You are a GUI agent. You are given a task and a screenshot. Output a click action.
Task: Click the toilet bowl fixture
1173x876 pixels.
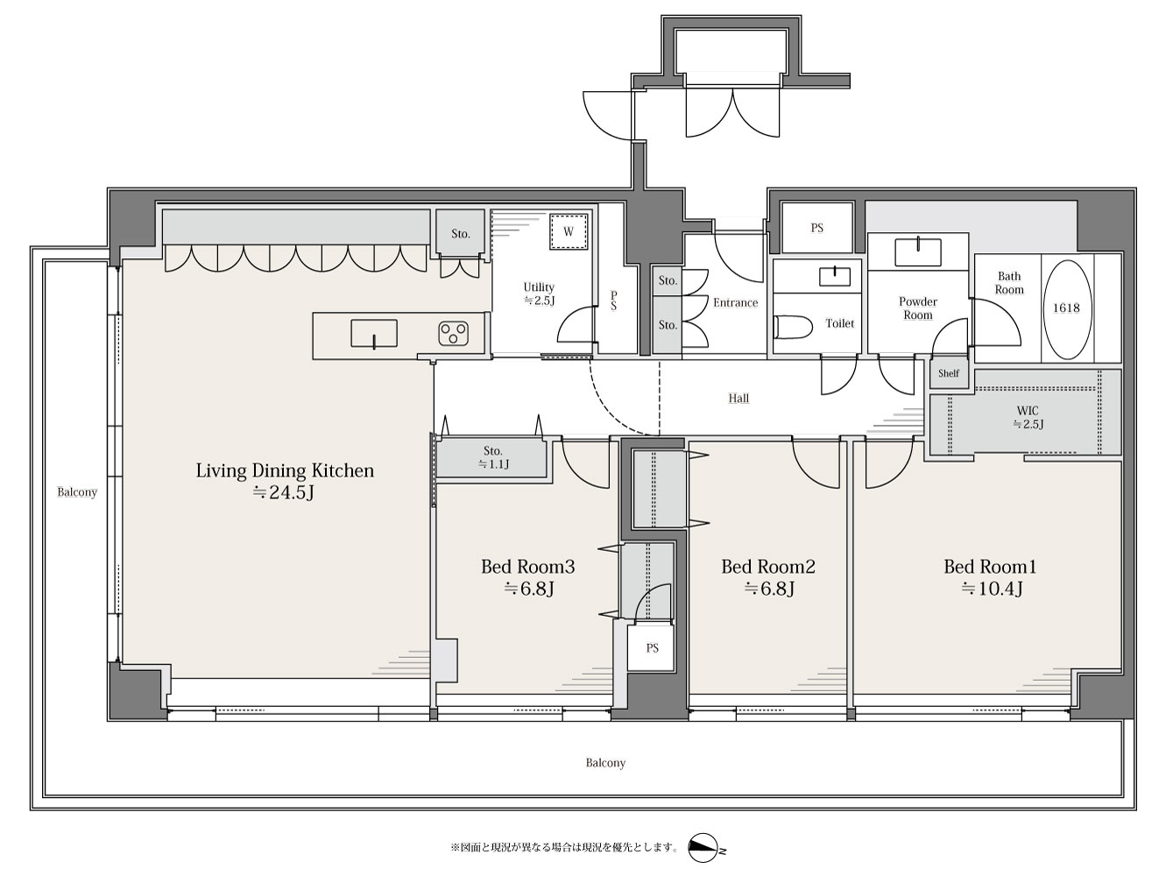point(793,327)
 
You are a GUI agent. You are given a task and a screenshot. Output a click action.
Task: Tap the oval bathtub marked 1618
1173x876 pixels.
point(1066,310)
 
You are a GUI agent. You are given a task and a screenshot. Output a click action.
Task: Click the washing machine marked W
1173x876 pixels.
point(569,231)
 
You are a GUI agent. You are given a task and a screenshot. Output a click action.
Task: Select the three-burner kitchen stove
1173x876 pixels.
point(454,333)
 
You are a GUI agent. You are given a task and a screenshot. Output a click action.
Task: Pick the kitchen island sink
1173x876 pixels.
point(373,334)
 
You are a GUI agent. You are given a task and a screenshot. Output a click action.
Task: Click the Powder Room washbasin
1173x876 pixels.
point(917,252)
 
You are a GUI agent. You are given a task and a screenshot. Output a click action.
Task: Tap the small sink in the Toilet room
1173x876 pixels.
point(834,276)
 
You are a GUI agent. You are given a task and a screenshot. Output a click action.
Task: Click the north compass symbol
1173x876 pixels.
point(704,848)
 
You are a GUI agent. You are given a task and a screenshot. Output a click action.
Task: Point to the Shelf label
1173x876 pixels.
point(949,373)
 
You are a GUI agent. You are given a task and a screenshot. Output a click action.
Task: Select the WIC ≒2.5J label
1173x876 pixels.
point(1027,418)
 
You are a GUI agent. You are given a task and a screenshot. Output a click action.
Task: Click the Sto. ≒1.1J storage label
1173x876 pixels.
point(492,458)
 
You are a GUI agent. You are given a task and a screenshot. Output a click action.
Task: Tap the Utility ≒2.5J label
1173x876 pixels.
point(539,293)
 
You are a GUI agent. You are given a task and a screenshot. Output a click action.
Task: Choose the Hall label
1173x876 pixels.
point(738,398)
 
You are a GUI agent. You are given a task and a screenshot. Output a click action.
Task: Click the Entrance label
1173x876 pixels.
point(735,303)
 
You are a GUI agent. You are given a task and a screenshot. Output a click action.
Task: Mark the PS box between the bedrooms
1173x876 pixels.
point(652,648)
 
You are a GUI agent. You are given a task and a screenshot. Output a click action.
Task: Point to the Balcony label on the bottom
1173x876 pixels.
point(605,763)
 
